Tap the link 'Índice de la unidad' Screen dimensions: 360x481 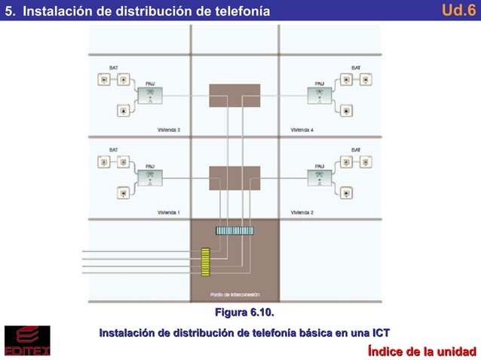pos(421,351)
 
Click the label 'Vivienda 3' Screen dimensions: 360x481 pos(168,130)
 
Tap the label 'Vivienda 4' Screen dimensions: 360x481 pos(302,130)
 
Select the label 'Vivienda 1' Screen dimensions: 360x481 pos(168,212)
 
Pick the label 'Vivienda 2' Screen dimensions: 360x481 pos(302,212)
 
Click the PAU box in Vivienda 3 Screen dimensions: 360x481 pos(149,95)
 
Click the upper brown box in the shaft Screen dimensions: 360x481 pos(234,95)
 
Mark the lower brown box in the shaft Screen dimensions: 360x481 pos(234,178)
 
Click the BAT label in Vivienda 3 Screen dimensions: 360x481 pos(114,68)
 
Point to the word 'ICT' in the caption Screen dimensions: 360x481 pos(381,332)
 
